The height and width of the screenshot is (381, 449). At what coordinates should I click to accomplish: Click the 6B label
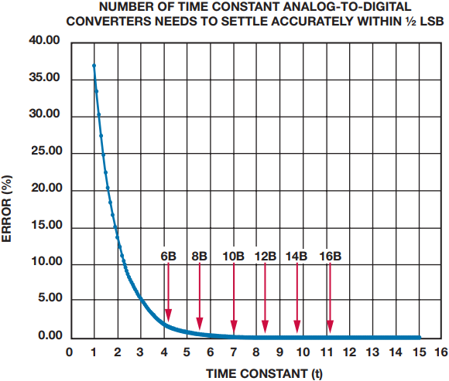169,256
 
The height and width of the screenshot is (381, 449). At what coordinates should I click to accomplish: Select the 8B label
199,256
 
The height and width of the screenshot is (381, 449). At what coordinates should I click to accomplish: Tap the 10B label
233,256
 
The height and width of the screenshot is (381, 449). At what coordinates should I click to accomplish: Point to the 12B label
266,256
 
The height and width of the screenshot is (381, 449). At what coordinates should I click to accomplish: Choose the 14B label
296,256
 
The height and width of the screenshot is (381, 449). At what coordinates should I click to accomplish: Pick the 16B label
331,256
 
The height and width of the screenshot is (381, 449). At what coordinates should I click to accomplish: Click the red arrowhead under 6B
169,315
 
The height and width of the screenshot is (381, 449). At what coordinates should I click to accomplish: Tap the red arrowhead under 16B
330,326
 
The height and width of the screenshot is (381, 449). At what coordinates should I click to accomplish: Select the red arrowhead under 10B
234,326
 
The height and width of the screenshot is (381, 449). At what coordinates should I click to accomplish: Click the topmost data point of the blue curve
94,66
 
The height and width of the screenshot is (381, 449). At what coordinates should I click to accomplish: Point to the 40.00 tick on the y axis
44,40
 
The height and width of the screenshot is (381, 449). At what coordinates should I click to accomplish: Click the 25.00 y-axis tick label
46,151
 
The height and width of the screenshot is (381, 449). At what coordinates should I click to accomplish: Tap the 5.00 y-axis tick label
50,298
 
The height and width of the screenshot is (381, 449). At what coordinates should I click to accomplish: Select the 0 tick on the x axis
70,352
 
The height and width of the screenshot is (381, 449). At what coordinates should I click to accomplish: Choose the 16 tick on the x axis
441,352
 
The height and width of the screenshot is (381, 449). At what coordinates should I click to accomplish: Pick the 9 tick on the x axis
279,352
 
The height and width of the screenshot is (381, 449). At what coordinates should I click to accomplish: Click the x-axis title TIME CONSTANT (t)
264,374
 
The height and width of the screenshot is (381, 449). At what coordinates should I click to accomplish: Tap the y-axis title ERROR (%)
6,209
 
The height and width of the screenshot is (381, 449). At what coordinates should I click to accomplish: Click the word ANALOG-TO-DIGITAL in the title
348,7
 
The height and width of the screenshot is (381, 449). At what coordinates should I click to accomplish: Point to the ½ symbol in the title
410,22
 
